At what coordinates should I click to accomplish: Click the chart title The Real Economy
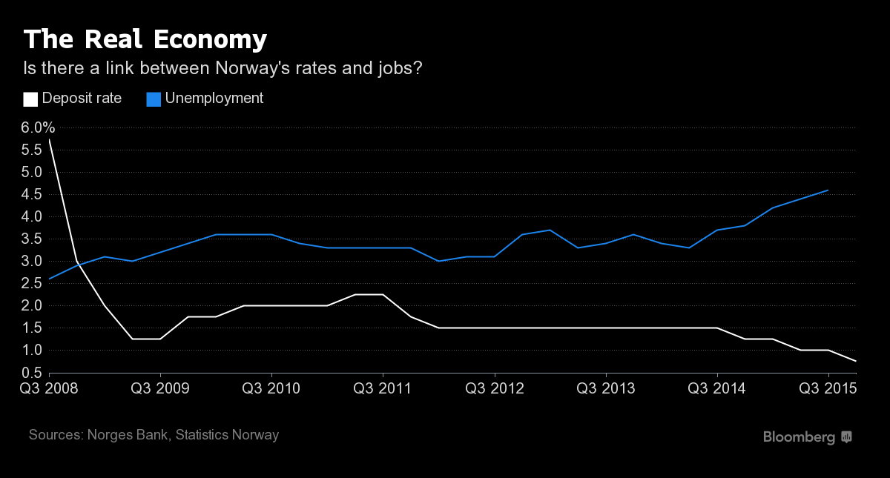click(145, 39)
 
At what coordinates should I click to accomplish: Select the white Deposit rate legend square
click(30, 99)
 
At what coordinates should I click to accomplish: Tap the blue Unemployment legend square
click(154, 99)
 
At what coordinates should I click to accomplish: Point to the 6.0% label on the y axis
click(38, 127)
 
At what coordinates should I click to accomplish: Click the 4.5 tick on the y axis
click(30, 194)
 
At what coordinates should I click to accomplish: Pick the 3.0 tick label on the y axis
click(30, 261)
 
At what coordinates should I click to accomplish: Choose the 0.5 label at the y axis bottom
click(30, 372)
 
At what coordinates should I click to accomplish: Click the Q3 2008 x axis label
click(49, 388)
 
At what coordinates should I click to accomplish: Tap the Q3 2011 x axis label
click(383, 388)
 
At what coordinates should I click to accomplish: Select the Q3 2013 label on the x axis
click(606, 388)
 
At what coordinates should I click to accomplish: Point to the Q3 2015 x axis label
click(828, 388)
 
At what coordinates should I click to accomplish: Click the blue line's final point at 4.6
click(828, 190)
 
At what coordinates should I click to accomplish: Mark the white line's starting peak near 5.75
click(50, 139)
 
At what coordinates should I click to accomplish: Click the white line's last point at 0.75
click(856, 361)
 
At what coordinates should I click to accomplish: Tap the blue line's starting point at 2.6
click(50, 279)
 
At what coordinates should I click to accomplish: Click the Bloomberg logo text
click(799, 437)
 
